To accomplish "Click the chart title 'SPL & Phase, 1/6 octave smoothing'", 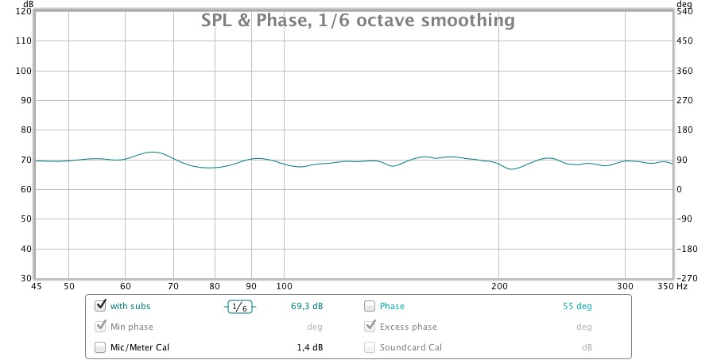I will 358,21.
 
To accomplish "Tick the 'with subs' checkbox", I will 100,306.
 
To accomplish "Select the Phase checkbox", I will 370,306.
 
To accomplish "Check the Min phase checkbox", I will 100,327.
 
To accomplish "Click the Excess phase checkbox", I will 370,327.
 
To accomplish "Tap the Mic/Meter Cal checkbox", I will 100,347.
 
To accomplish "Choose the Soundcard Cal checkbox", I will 370,347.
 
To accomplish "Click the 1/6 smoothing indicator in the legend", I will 240,307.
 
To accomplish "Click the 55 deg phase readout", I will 577,306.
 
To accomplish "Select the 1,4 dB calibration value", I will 310,347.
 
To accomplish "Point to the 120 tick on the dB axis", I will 23,12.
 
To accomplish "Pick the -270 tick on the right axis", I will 688,279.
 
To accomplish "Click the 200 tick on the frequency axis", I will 499,286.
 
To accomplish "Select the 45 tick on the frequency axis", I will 36,286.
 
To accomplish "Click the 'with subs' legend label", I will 130,306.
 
